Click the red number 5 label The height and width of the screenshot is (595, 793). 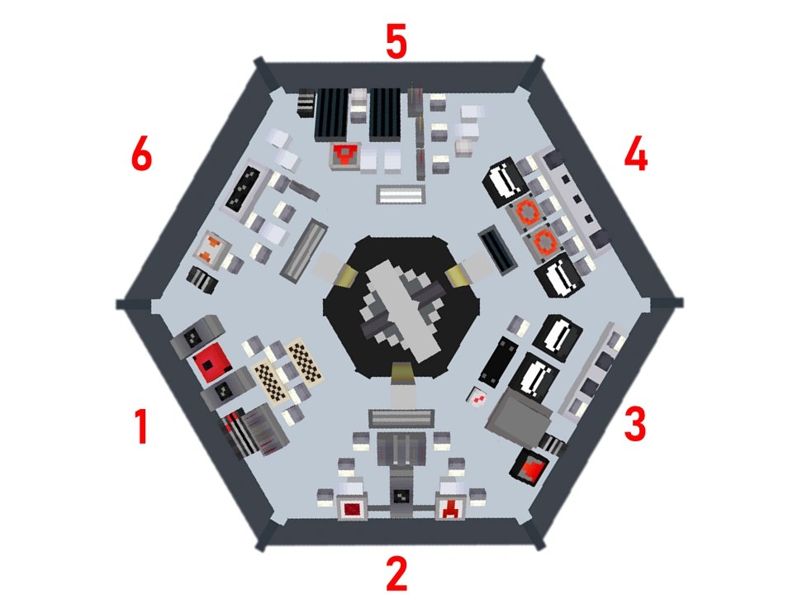(x=396, y=41)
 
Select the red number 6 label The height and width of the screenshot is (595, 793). (x=141, y=155)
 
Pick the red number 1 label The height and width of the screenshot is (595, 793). (x=141, y=428)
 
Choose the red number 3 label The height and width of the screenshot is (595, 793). (x=634, y=423)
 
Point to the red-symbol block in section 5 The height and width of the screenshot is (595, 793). (x=345, y=155)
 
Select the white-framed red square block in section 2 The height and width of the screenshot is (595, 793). (x=353, y=507)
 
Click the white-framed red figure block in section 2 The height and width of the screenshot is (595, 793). (x=451, y=507)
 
